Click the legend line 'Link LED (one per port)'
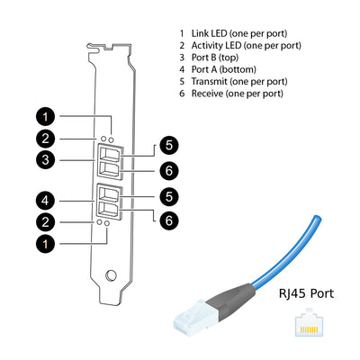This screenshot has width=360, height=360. coord(238,32)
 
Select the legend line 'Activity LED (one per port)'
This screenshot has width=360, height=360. coord(245,45)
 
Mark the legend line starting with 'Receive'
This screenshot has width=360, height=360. coord(236,94)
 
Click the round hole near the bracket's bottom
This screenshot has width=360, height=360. coord(111,278)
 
